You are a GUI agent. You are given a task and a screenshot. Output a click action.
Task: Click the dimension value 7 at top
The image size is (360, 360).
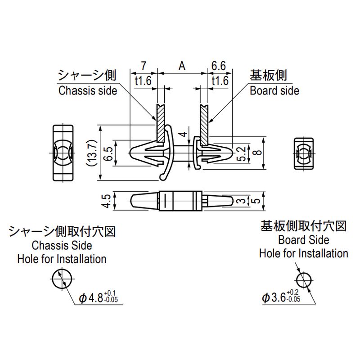point(143,66)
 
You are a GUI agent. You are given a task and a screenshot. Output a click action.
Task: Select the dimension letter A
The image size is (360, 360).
point(182,66)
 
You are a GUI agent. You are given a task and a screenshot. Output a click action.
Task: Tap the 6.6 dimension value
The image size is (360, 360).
point(218,66)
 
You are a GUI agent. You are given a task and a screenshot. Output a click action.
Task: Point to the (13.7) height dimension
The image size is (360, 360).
point(92,154)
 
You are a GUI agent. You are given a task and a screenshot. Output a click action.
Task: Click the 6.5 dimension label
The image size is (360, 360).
point(108,154)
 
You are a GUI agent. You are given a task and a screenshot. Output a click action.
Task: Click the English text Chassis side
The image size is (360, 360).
point(88,90)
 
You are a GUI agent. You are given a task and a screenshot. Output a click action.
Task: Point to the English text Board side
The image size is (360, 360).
point(274,90)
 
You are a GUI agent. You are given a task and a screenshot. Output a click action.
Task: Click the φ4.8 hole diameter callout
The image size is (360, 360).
point(99,298)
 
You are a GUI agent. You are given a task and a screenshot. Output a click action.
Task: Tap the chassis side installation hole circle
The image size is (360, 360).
point(62,279)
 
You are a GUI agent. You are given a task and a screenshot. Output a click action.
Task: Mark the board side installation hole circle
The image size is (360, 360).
point(305,279)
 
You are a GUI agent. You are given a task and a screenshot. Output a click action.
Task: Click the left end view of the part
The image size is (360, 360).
point(62,153)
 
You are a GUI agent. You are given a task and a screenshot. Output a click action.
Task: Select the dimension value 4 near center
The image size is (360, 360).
point(182,134)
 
